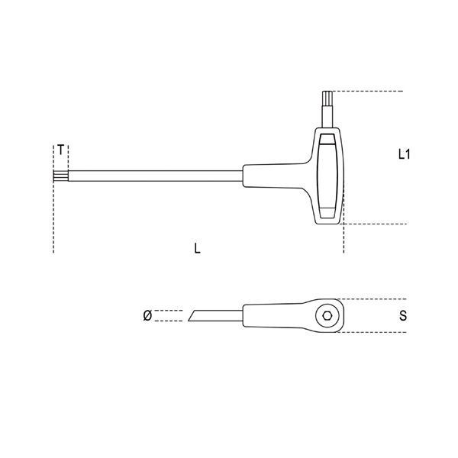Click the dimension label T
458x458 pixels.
point(60,150)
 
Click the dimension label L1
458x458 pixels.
point(405,154)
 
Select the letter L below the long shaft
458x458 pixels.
point(198,248)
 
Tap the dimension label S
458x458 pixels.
point(403,316)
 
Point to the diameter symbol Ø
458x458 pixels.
point(147,315)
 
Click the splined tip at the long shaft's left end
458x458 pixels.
point(61,176)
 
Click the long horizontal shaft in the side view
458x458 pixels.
point(156,176)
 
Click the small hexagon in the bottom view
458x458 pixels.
point(326,315)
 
